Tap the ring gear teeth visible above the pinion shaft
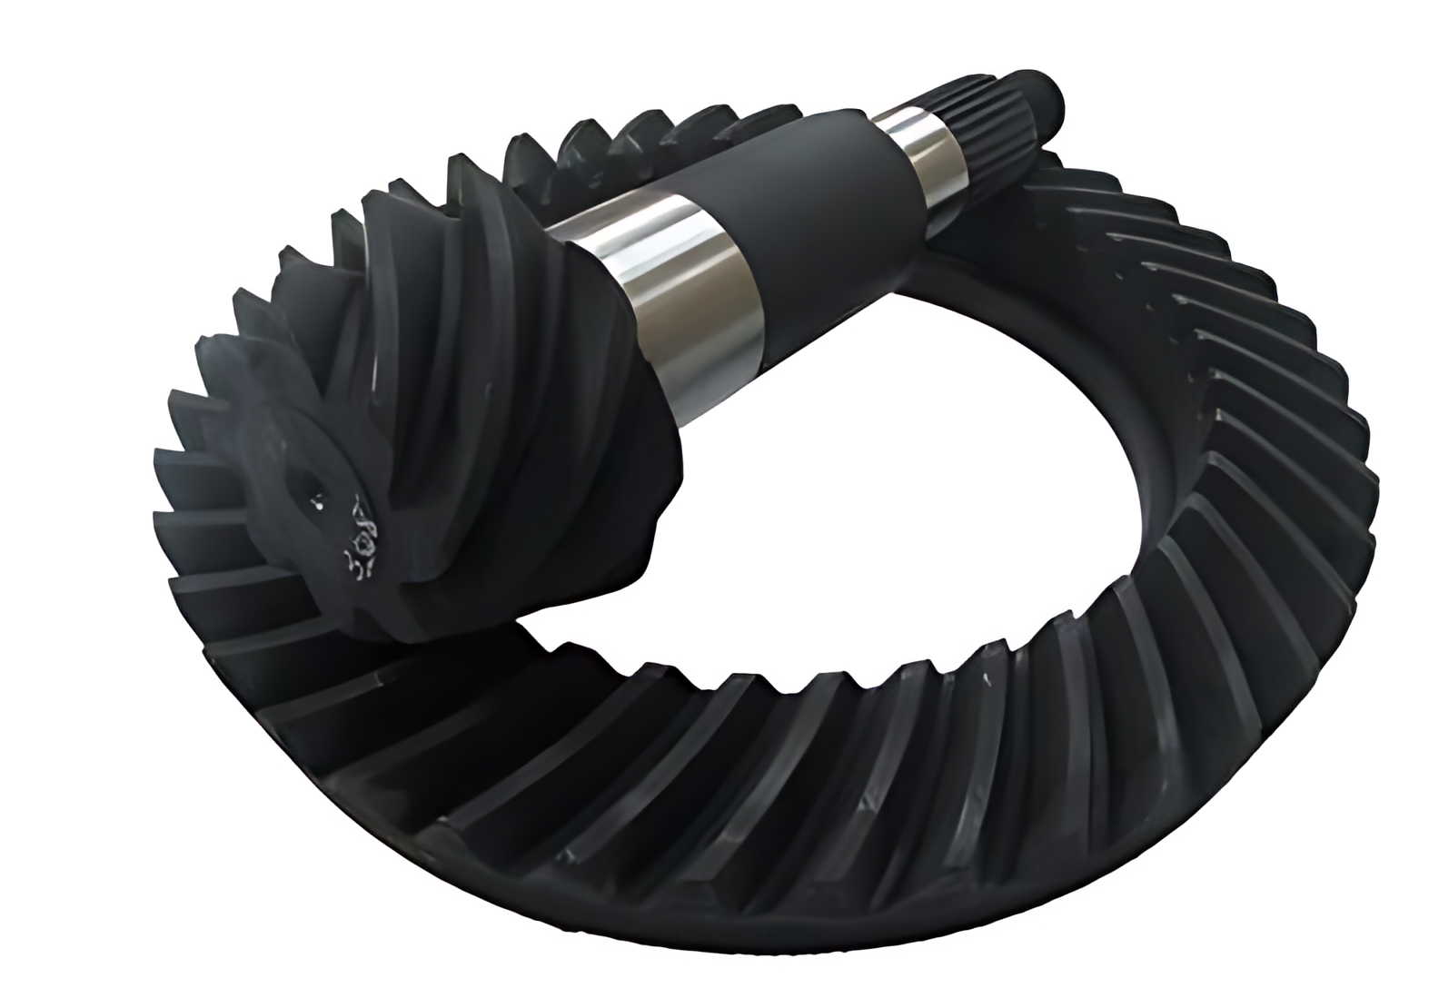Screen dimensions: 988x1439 click(x=636, y=136)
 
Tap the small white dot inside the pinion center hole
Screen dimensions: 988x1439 click(x=318, y=499)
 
